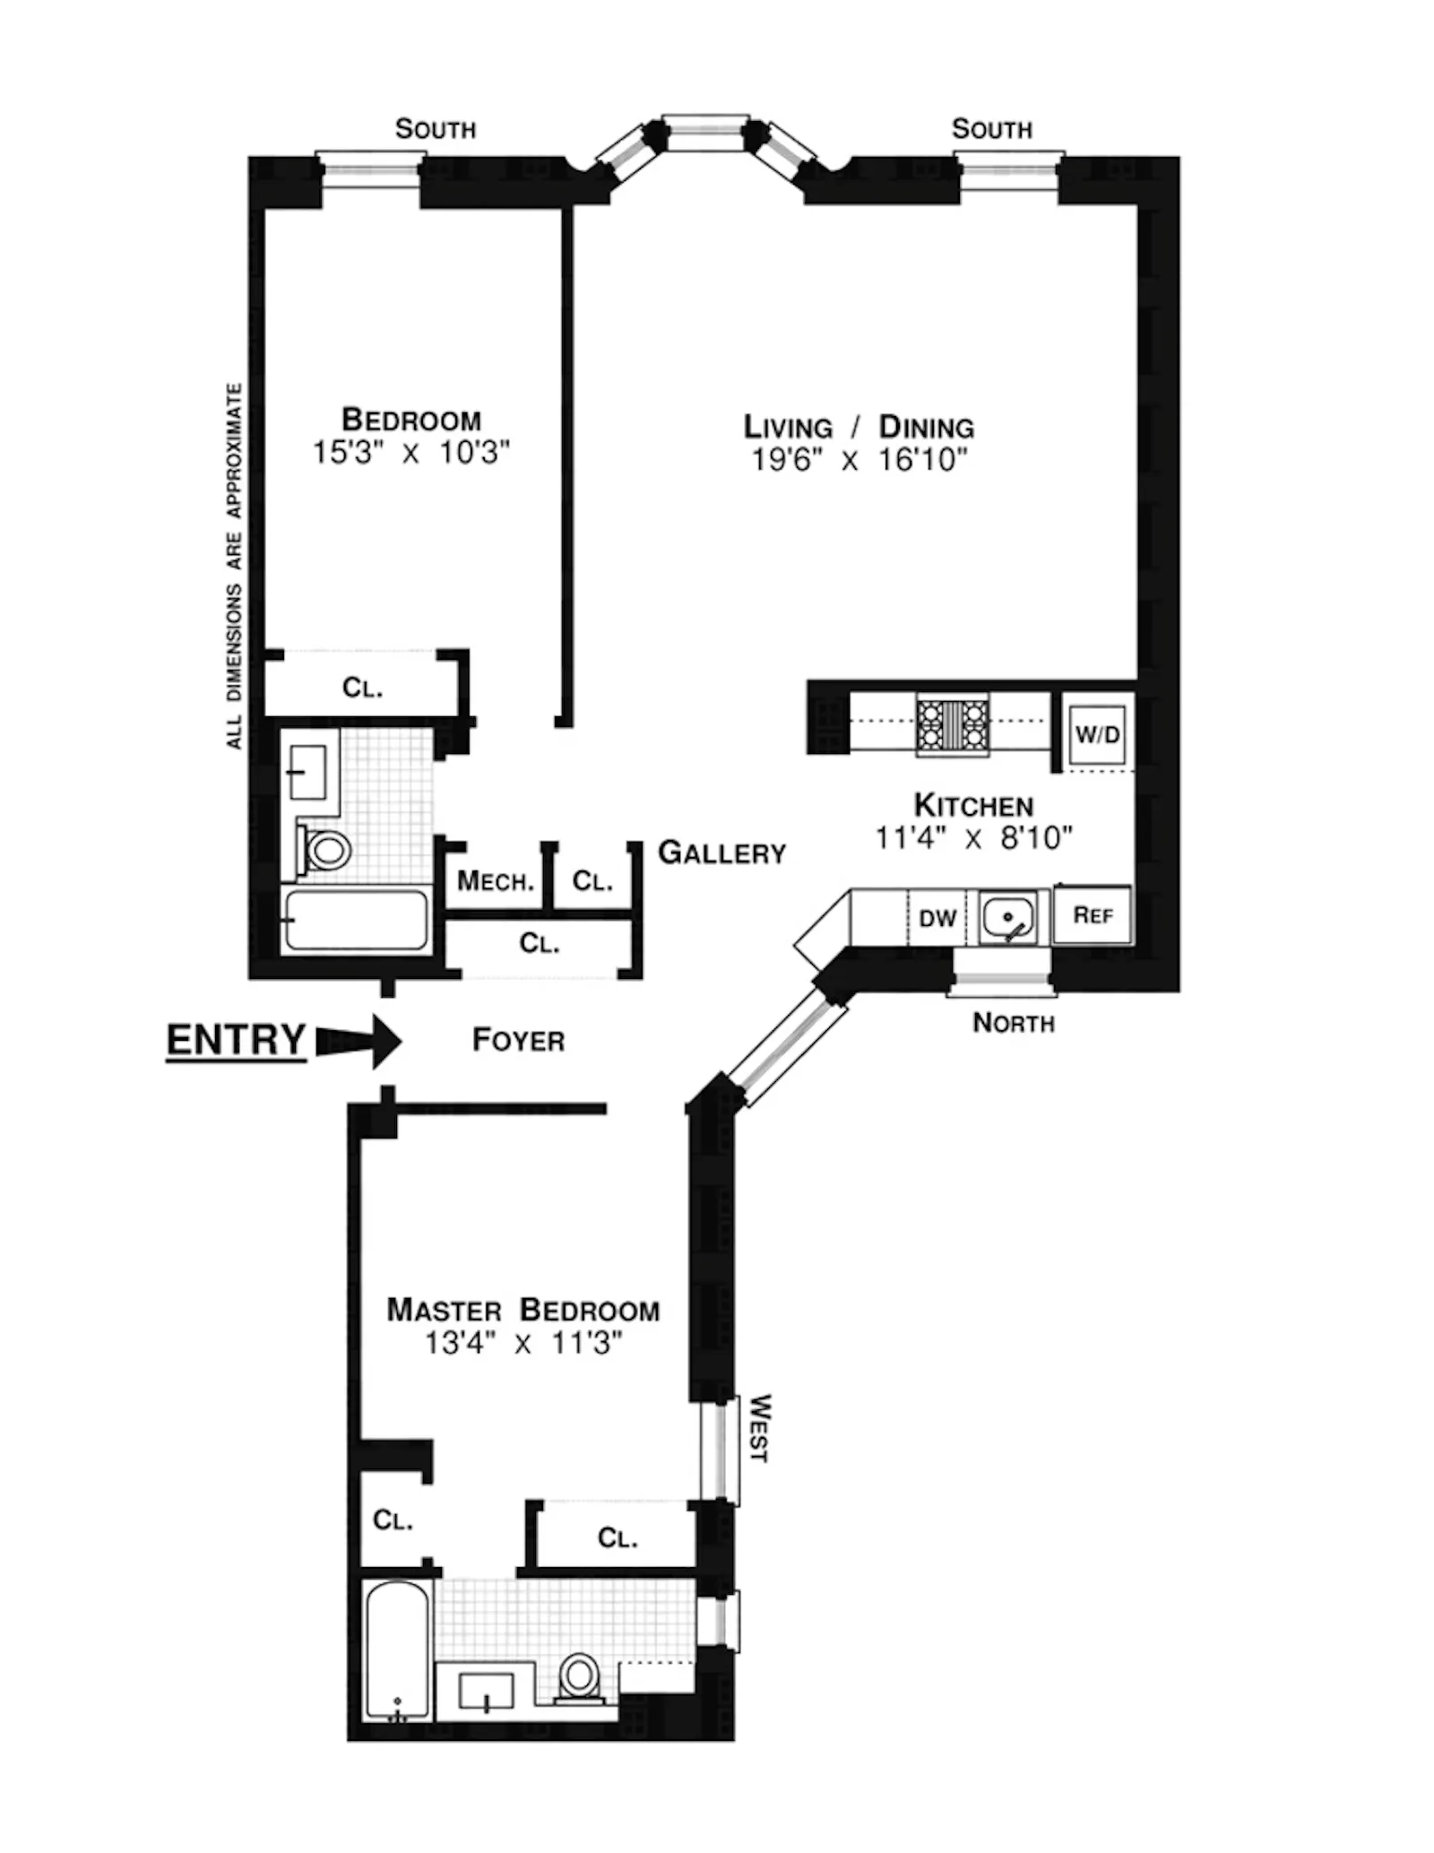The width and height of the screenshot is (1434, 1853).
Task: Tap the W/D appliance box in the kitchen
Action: click(1097, 735)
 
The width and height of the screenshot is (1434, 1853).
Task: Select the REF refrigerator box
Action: click(1092, 915)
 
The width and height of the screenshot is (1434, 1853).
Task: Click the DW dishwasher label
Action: click(937, 918)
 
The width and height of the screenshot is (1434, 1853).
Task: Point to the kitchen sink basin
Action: click(1007, 917)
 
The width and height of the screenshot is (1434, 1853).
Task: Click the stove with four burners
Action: click(952, 724)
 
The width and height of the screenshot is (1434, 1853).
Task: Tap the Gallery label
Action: click(721, 853)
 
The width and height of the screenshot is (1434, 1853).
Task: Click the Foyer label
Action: click(518, 1041)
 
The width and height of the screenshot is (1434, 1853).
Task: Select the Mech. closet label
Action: click(496, 881)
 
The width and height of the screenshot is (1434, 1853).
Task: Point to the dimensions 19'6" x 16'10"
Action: click(860, 461)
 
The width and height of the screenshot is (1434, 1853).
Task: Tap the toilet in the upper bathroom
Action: click(325, 848)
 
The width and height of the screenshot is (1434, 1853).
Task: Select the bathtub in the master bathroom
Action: click(399, 1651)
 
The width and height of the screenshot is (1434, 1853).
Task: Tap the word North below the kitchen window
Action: click(1013, 1023)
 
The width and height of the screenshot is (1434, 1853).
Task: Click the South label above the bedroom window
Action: click(435, 130)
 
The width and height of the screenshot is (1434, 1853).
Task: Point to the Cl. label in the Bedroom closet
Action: click(362, 688)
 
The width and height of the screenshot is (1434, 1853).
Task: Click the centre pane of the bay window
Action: click(705, 134)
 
